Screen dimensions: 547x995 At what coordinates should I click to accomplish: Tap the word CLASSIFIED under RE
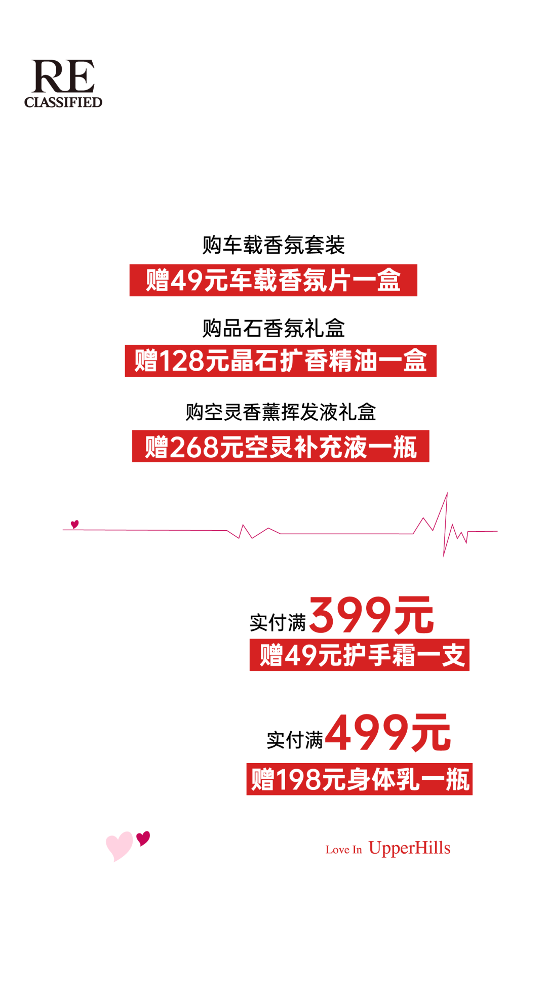[x=63, y=102]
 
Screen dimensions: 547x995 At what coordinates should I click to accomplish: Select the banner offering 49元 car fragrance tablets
[x=273, y=280]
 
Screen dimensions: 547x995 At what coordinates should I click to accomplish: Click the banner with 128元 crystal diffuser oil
[x=281, y=361]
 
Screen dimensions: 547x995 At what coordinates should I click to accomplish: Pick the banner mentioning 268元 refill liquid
[x=281, y=446]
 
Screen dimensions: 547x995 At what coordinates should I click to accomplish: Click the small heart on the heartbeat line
[x=74, y=524]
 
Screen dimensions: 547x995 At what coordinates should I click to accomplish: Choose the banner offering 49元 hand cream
[x=359, y=655]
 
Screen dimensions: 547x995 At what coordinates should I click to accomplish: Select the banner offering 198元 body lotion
[x=359, y=779]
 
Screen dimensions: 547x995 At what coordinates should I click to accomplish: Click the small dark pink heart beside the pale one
[x=143, y=838]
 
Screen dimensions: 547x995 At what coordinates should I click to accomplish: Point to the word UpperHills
[x=409, y=848]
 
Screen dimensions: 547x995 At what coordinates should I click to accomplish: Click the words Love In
[x=343, y=850]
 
